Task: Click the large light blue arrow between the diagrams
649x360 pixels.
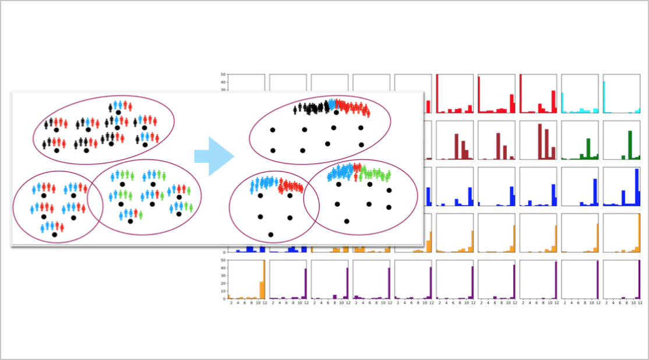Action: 213,156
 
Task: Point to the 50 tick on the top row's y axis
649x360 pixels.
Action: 223,75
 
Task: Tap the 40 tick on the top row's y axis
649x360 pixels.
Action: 223,82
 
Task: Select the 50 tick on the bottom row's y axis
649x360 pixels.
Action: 223,260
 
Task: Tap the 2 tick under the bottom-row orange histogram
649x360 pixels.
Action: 231,303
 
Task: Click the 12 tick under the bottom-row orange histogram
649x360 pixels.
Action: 264,303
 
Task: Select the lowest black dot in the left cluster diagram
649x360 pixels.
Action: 54,235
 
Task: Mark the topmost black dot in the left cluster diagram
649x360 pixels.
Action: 118,112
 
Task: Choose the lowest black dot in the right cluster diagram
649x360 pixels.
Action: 271,235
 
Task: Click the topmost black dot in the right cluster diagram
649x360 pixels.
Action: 336,113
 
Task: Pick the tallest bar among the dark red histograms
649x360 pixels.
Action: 540,141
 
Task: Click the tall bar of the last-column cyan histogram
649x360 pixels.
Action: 605,97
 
